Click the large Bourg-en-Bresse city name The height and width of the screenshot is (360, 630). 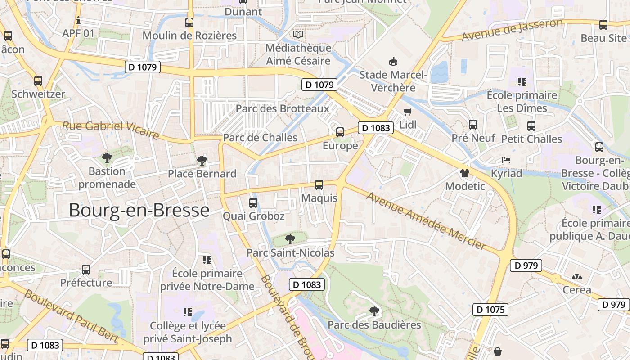139,210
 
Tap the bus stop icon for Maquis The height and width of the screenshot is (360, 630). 319,185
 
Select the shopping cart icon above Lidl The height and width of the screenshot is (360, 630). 408,112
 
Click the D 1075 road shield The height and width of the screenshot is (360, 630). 490,310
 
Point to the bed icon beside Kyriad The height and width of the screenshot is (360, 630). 506,160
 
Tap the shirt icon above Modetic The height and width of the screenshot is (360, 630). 465,173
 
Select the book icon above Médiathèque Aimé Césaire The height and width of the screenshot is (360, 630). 298,34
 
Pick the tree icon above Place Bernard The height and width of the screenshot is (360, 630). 202,160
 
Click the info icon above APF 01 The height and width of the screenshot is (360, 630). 78,20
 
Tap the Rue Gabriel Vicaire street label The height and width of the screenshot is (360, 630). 110,129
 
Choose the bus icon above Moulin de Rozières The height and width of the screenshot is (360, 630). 189,22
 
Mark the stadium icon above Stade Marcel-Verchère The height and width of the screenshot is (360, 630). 393,61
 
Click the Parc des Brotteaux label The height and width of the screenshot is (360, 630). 282,108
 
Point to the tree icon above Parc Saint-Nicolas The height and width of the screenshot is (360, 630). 290,239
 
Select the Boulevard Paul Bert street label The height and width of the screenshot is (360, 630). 71,316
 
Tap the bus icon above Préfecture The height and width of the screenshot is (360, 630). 86,270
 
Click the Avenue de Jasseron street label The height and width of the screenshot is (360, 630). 512,30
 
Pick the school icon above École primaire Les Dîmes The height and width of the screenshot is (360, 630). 522,82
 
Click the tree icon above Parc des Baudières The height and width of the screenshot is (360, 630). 374,311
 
